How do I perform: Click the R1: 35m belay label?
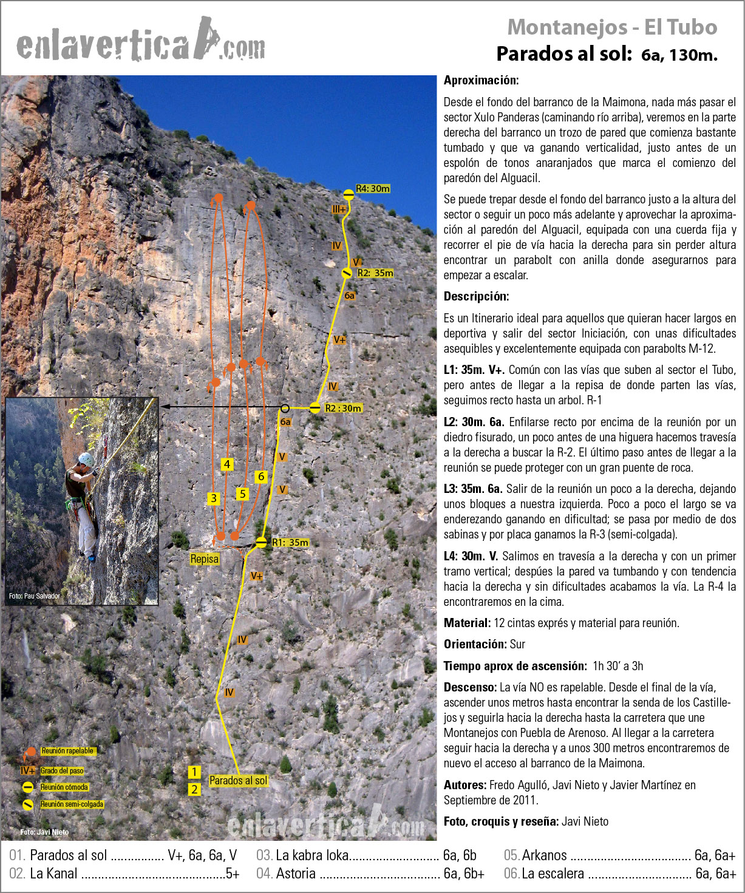(290, 543)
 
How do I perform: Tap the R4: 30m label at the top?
(373, 189)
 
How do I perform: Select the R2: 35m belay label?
(375, 273)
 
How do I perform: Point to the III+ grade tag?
(339, 209)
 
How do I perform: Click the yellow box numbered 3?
(213, 498)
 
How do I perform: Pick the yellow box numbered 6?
(261, 477)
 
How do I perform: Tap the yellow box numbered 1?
(194, 772)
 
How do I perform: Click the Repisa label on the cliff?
(204, 559)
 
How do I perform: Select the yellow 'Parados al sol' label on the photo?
(238, 781)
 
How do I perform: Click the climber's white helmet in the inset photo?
(86, 460)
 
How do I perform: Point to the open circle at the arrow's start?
(285, 408)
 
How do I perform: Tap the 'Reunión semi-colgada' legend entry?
(72, 804)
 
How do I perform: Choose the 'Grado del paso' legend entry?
(62, 771)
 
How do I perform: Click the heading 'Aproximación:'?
(481, 80)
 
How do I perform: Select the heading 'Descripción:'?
(476, 296)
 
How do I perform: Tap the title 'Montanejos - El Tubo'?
(612, 27)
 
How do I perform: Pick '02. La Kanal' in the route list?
(44, 874)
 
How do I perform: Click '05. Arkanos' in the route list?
(536, 855)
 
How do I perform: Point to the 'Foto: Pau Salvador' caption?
(34, 596)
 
